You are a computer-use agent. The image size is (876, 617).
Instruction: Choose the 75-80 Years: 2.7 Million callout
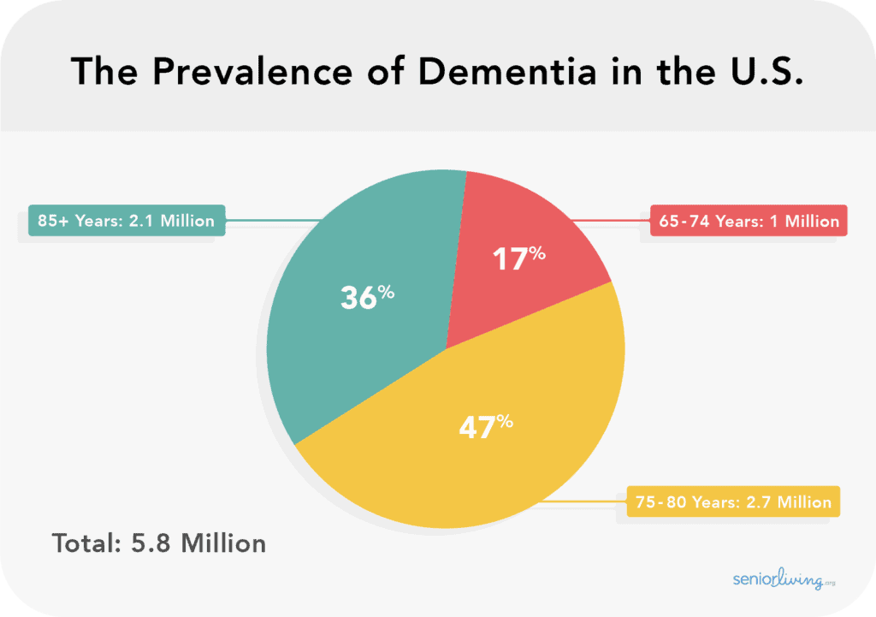tap(733, 501)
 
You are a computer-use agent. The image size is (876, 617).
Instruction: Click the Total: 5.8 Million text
tap(159, 543)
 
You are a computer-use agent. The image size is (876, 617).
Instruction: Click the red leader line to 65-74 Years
tap(612, 221)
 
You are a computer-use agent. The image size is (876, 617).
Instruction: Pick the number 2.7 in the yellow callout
tap(756, 501)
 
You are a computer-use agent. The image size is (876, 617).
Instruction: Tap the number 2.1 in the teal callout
tap(141, 221)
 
